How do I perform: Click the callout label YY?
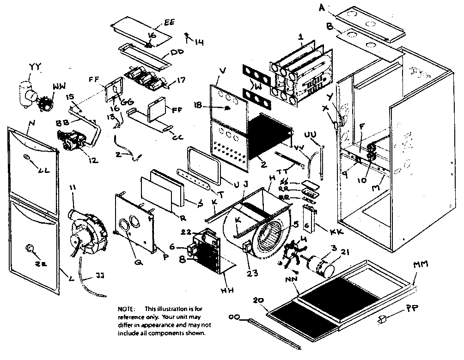(35, 67)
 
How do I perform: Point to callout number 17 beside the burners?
(181, 80)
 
